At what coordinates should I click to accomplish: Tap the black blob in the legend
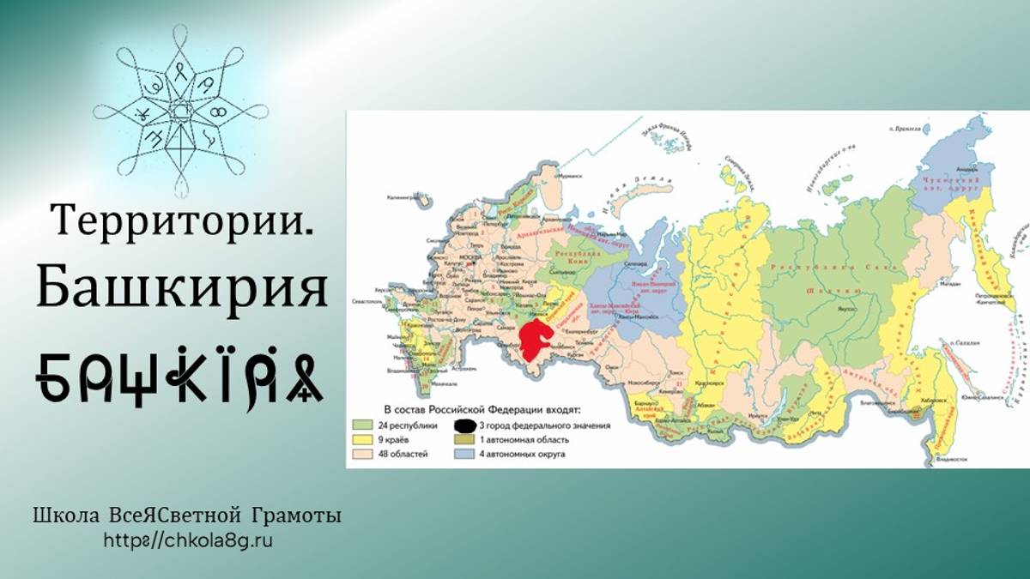464,425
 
